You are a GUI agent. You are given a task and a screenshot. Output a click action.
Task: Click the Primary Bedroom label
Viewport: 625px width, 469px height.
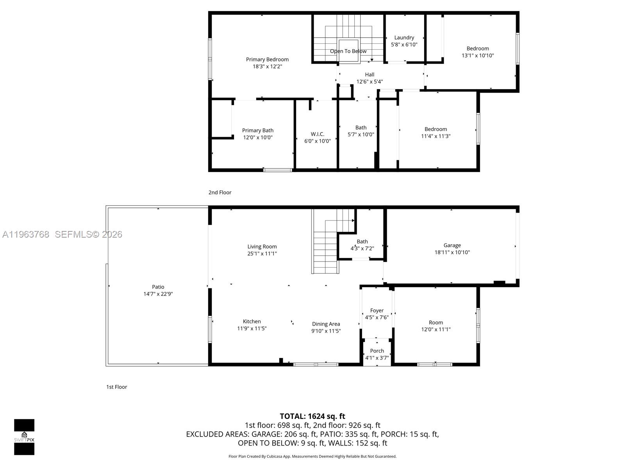(x=267, y=59)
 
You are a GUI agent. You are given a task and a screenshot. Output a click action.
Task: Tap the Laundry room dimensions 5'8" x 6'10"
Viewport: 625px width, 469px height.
(x=404, y=45)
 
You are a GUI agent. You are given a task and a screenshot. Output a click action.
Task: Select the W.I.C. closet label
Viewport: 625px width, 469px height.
(x=317, y=134)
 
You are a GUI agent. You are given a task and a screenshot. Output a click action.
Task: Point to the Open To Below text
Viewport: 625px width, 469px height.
(x=348, y=51)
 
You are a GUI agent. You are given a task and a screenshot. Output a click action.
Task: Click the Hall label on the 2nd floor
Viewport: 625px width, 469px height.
(x=370, y=75)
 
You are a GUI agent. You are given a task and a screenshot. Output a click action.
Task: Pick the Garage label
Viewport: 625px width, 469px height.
(x=452, y=245)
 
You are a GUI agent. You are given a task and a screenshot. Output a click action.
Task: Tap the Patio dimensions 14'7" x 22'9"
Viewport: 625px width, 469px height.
(x=158, y=294)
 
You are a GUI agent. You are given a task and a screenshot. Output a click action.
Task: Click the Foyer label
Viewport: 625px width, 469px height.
(x=377, y=310)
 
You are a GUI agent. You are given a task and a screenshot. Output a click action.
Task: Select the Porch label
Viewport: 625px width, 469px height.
(x=377, y=351)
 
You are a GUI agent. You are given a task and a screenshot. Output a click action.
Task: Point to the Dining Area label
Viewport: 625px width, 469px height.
(x=326, y=324)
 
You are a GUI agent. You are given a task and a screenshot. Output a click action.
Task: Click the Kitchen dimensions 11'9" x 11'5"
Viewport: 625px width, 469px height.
(x=252, y=328)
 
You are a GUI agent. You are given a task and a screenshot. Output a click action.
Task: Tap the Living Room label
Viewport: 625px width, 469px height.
(x=262, y=247)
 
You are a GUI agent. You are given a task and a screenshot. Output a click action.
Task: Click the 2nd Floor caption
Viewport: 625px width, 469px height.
(x=220, y=192)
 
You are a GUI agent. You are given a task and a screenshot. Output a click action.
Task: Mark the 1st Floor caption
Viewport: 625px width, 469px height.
(x=116, y=387)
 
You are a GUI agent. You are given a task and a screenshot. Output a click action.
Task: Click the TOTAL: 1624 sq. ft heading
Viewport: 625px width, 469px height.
(x=312, y=416)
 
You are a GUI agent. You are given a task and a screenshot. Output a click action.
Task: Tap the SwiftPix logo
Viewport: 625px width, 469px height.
(x=24, y=437)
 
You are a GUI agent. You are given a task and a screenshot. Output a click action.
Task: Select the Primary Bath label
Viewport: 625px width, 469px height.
(x=257, y=131)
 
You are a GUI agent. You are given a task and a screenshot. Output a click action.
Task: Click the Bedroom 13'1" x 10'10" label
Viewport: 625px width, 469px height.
(x=477, y=48)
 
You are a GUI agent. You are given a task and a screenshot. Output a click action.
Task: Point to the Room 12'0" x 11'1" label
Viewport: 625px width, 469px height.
(x=436, y=322)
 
